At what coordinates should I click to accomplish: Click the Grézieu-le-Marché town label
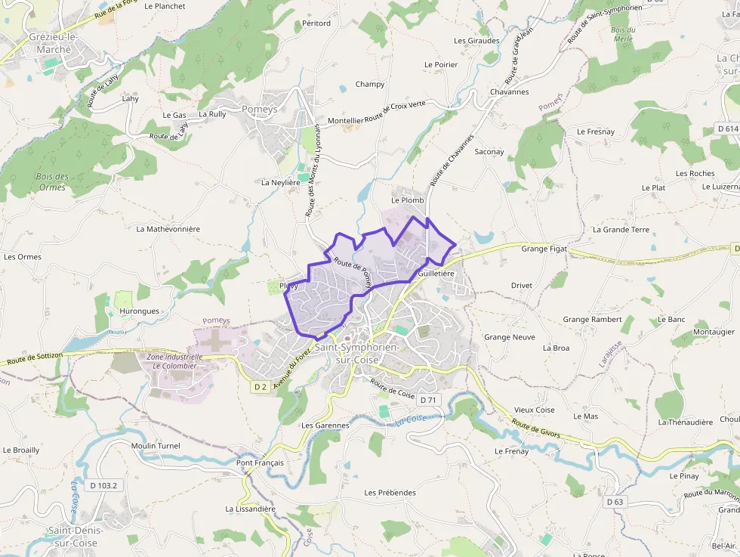tap(50, 43)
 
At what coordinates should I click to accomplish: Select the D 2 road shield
tap(261, 387)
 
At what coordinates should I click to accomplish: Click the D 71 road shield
tap(428, 400)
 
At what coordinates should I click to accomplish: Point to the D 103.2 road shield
tap(102, 485)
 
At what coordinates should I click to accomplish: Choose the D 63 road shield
tap(615, 502)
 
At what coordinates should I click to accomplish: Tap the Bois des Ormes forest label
tap(52, 182)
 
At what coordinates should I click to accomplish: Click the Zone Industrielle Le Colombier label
tap(174, 361)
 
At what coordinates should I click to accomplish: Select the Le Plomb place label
tap(408, 200)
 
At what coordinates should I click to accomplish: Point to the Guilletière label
tap(436, 274)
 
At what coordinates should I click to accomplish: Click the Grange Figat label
tap(544, 248)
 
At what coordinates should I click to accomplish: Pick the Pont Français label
tap(260, 463)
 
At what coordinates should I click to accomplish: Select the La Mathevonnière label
tap(168, 228)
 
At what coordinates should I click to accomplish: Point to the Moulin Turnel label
tap(156, 446)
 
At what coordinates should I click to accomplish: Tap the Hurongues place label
tap(139, 311)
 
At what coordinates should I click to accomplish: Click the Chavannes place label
tap(509, 91)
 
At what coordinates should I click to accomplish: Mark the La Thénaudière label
tap(685, 422)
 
